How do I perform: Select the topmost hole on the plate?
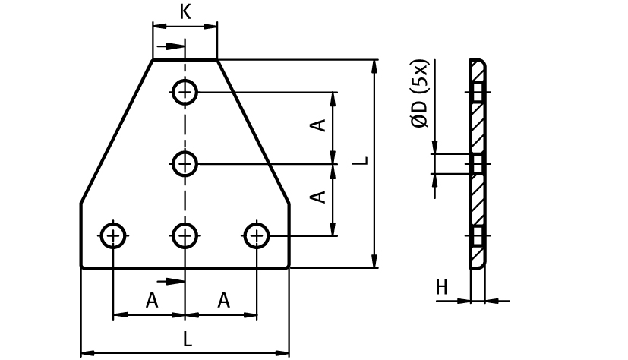[185, 93]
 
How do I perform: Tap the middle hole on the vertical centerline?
[185, 163]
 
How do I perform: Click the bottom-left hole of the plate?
[113, 236]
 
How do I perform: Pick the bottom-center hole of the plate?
[185, 236]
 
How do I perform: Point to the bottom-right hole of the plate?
[257, 236]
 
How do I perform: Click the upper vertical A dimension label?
[320, 125]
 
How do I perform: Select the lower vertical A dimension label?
[320, 196]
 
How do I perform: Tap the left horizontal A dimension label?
[152, 301]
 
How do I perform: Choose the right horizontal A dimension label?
[223, 301]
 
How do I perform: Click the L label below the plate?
[188, 339]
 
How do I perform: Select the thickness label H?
[441, 287]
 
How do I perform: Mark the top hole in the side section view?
[478, 93]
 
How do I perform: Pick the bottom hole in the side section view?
[478, 236]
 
